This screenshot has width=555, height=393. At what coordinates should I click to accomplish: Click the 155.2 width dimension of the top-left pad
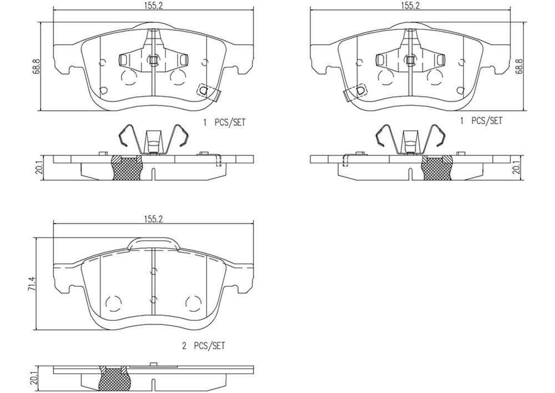click(153, 5)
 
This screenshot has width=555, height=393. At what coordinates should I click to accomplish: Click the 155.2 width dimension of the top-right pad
click(410, 5)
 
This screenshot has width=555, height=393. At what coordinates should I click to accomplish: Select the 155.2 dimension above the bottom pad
click(153, 218)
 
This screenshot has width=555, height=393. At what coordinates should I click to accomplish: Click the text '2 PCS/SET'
click(203, 346)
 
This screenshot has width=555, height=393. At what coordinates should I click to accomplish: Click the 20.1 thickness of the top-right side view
click(517, 167)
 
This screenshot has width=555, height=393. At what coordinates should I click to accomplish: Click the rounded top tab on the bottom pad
click(153, 243)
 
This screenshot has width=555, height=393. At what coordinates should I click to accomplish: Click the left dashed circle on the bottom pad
click(114, 304)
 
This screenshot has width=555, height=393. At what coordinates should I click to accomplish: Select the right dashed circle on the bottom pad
click(193, 304)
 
